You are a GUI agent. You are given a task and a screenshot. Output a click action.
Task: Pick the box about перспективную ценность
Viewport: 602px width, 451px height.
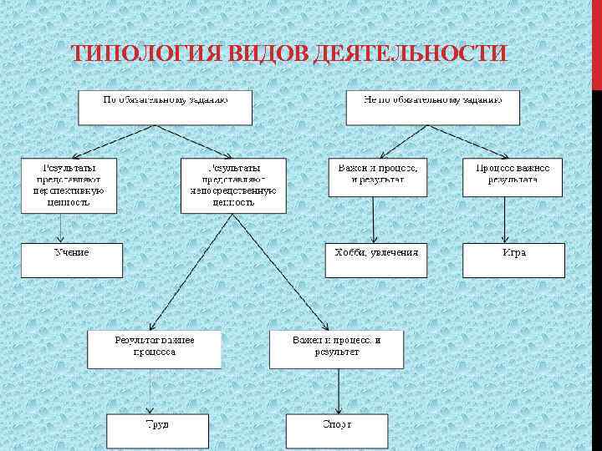[69, 185]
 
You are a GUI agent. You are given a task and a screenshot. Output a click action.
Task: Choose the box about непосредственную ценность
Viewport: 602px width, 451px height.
[233, 185]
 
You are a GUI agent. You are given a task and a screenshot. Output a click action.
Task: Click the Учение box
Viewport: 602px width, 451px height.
[72, 260]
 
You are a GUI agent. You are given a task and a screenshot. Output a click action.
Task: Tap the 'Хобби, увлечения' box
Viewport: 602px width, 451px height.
[376, 260]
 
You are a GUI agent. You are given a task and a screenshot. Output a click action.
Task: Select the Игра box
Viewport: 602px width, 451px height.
[513, 260]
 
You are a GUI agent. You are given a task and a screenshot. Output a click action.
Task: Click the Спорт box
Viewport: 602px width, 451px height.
[337, 431]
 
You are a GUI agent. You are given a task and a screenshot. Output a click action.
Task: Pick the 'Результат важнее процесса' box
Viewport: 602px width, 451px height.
[155, 349]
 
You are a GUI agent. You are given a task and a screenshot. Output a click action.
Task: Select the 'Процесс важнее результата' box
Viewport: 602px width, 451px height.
[513, 176]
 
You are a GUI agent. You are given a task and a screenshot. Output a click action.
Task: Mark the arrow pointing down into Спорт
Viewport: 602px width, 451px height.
[338, 391]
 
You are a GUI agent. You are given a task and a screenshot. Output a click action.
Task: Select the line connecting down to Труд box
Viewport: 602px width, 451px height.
[150, 391]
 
